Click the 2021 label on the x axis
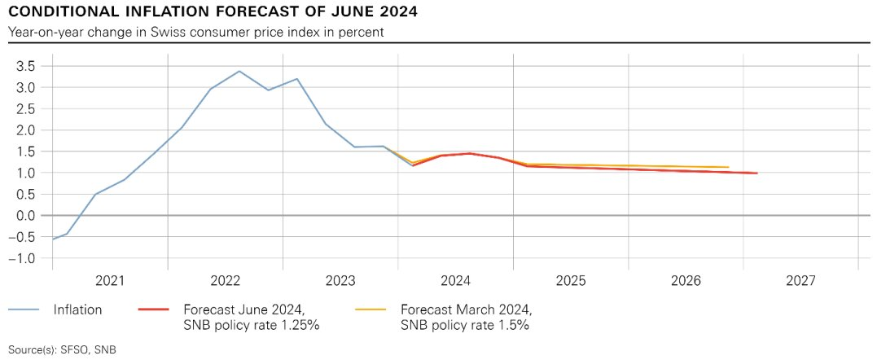click(110, 281)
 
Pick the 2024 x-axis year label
click(456, 281)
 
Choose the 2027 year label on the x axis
click(802, 281)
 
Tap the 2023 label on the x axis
click(340, 281)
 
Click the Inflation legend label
click(77, 310)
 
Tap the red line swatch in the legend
click(154, 310)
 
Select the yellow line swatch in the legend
click(372, 310)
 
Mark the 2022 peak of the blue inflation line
click(239, 71)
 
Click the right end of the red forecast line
click(756, 173)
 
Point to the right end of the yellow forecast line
click(727, 167)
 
